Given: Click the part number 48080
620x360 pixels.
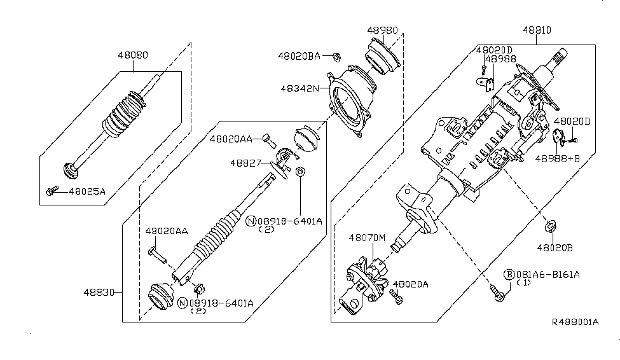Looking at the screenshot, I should (x=132, y=55).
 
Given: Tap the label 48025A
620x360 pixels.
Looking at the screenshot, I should (x=86, y=190).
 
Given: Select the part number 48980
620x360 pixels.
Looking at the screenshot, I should (x=382, y=31).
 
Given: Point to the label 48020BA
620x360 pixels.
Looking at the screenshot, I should (x=298, y=56).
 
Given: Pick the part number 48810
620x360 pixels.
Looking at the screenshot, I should (x=537, y=31).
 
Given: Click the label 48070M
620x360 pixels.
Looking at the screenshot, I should (x=367, y=237).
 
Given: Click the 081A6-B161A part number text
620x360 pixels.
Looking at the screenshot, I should (x=549, y=275).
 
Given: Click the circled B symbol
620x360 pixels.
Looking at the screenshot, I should (x=509, y=275).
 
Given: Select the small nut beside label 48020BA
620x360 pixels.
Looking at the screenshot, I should (x=334, y=56).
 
